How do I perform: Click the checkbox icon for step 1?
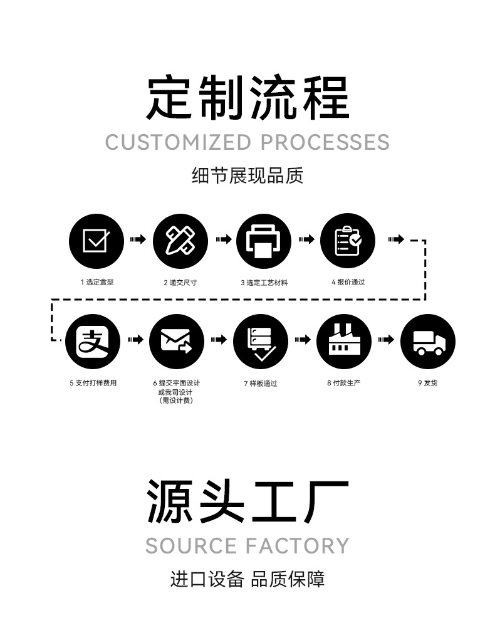pyautogui.click(x=96, y=240)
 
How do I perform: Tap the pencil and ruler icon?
pyautogui.click(x=180, y=240)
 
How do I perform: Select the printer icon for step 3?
pyautogui.click(x=264, y=240)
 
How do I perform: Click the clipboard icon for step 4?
pyautogui.click(x=348, y=240)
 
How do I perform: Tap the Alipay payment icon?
pyautogui.click(x=93, y=341)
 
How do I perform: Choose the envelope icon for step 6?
pyautogui.click(x=176, y=341)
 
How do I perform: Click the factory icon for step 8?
pyautogui.click(x=344, y=341)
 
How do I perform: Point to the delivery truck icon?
pyautogui.click(x=428, y=341)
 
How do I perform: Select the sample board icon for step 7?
pyautogui.click(x=260, y=341)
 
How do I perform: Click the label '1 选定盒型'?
pyautogui.click(x=96, y=282)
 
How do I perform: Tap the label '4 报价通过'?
pyautogui.click(x=348, y=282)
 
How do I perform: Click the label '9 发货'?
pyautogui.click(x=427, y=383)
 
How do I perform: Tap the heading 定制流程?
pyautogui.click(x=247, y=98)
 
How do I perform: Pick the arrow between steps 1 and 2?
pyautogui.click(x=138, y=239)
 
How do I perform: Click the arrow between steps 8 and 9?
pyautogui.click(x=386, y=340)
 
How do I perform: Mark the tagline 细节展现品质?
pyautogui.click(x=247, y=176)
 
